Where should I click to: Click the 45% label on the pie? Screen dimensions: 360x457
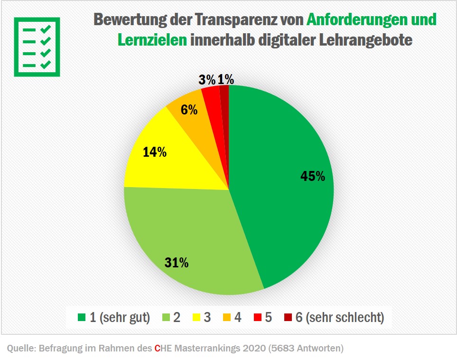pos(313,176)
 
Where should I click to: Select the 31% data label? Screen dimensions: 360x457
pos(177,262)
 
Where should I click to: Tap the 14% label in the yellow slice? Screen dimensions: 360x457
pos(155,152)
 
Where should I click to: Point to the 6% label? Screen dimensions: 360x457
pos(189,110)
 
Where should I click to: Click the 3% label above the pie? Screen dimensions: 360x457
pos(207,80)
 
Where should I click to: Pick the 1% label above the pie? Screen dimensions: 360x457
pos(226,80)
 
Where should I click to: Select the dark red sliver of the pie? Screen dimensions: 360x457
pos(224,95)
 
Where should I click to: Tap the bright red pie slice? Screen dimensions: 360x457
pos(211,97)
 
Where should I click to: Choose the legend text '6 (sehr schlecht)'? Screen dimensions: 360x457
pos(340,317)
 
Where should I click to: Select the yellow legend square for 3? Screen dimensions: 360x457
pos(195,317)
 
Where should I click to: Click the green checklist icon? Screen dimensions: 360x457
pos(37,47)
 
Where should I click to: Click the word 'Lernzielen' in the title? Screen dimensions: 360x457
pos(152,40)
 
